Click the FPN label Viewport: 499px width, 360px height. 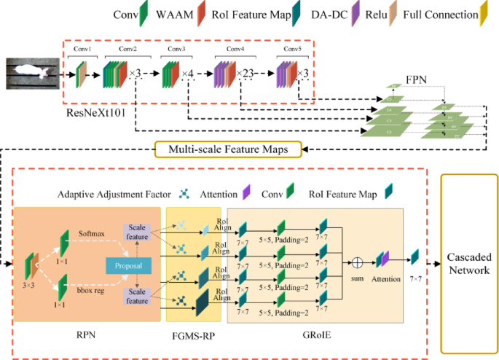point(415,77)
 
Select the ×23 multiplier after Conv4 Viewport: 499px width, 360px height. point(246,74)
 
